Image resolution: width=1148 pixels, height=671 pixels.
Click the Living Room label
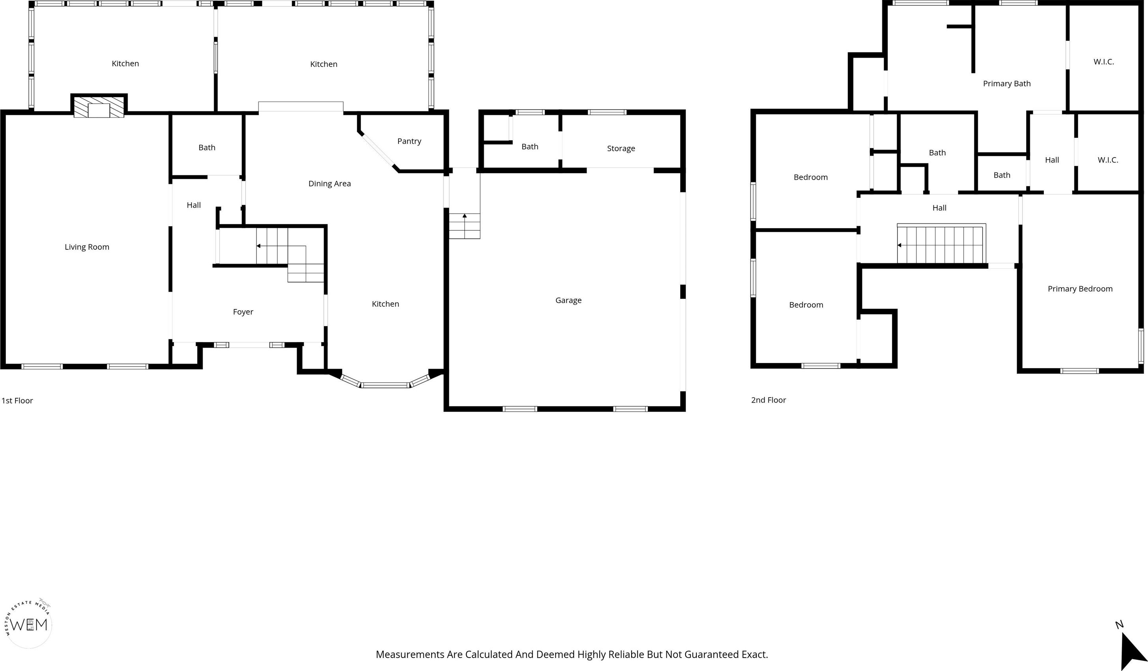coord(87,247)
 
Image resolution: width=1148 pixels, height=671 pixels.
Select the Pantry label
coord(409,141)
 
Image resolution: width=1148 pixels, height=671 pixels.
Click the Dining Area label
coord(329,184)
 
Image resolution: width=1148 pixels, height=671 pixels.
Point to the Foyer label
coord(243,312)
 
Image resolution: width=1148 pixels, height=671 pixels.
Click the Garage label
coord(568,300)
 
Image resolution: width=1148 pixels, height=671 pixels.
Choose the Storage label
coord(621,148)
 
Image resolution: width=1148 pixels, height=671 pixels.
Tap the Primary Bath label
coord(1007,84)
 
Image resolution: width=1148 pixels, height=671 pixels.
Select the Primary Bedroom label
coord(1080,289)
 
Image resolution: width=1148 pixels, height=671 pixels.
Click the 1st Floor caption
coord(17,401)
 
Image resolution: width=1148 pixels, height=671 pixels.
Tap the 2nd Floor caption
coord(768,400)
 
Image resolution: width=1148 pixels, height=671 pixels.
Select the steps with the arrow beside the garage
coord(464,226)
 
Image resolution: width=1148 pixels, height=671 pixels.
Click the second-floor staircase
coord(941,244)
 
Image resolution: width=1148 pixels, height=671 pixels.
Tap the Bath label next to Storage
coord(530,147)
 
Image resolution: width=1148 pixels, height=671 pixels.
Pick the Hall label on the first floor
coord(194,205)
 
